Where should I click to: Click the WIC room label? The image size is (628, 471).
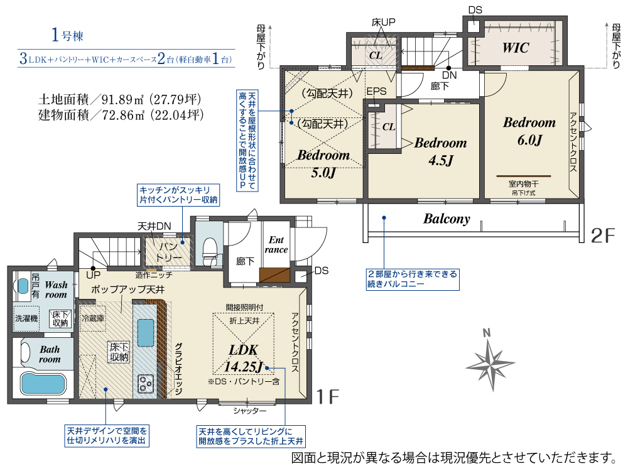pos(516,48)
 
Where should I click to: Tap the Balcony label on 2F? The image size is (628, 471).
pos(447,219)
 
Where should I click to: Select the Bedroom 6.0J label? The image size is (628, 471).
pos(529,131)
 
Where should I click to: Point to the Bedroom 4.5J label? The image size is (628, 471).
pos(441,151)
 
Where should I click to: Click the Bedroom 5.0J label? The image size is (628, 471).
pos(323,163)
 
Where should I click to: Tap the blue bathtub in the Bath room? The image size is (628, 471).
pos(43,383)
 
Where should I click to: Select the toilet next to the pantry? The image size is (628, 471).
pos(210,251)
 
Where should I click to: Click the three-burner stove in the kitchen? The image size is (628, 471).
pos(145,383)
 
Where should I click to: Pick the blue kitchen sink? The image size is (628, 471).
pos(146,332)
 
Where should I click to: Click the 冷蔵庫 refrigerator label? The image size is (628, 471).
pos(93,318)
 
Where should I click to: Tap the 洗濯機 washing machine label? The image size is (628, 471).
pos(26,318)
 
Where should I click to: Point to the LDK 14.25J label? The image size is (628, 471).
pos(244,358)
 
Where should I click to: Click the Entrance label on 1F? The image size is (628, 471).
pos(276,245)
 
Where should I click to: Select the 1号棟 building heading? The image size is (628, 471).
pos(67,35)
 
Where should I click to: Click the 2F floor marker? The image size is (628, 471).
pos(602,235)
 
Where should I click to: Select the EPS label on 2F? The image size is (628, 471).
pos(376,91)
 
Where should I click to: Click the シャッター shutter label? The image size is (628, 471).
pos(249,411)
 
